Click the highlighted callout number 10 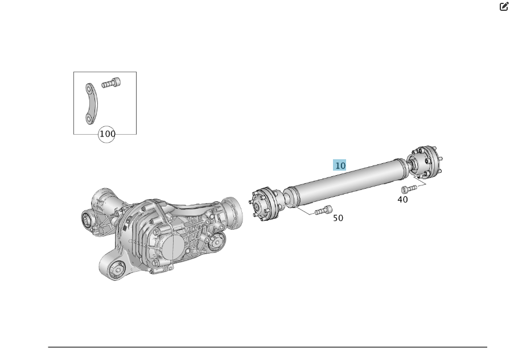340,165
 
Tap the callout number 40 402,200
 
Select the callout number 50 338,218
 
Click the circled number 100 106,134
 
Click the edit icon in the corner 504,6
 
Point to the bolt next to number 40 409,189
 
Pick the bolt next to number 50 323,210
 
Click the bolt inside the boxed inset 110,83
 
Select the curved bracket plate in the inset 92,104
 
